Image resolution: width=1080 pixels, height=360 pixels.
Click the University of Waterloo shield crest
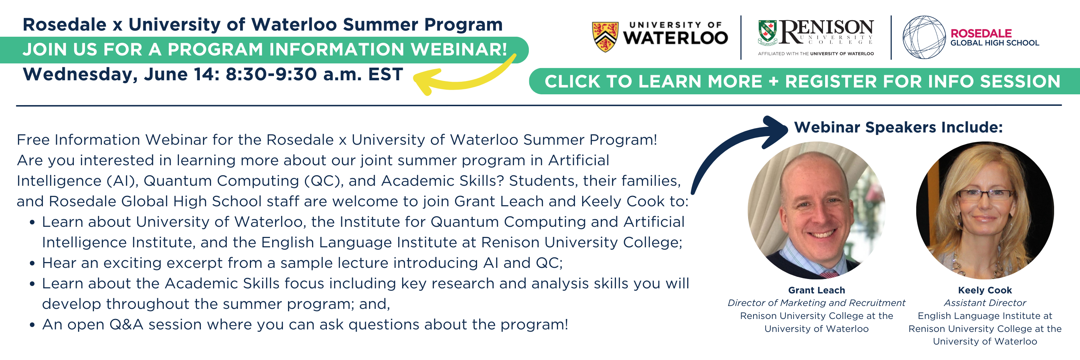[x=605, y=37]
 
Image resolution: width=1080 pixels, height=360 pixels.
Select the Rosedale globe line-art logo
[x=924, y=37]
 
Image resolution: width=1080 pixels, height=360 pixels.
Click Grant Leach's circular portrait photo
[x=816, y=210]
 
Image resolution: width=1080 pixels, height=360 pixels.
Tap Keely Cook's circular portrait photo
[x=985, y=210]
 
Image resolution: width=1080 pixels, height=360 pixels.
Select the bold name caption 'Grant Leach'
[x=816, y=290]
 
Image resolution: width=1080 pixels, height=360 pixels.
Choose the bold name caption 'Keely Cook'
[x=985, y=290]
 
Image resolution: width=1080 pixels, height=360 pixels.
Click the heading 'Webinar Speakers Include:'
[x=899, y=127]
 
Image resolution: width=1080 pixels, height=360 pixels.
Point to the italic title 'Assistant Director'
[x=985, y=303]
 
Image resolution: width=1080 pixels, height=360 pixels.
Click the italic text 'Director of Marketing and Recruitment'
[x=816, y=303]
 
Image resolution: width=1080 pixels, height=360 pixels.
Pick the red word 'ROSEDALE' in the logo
[x=981, y=33]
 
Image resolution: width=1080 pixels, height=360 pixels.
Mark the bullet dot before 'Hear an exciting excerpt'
[x=32, y=264]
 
